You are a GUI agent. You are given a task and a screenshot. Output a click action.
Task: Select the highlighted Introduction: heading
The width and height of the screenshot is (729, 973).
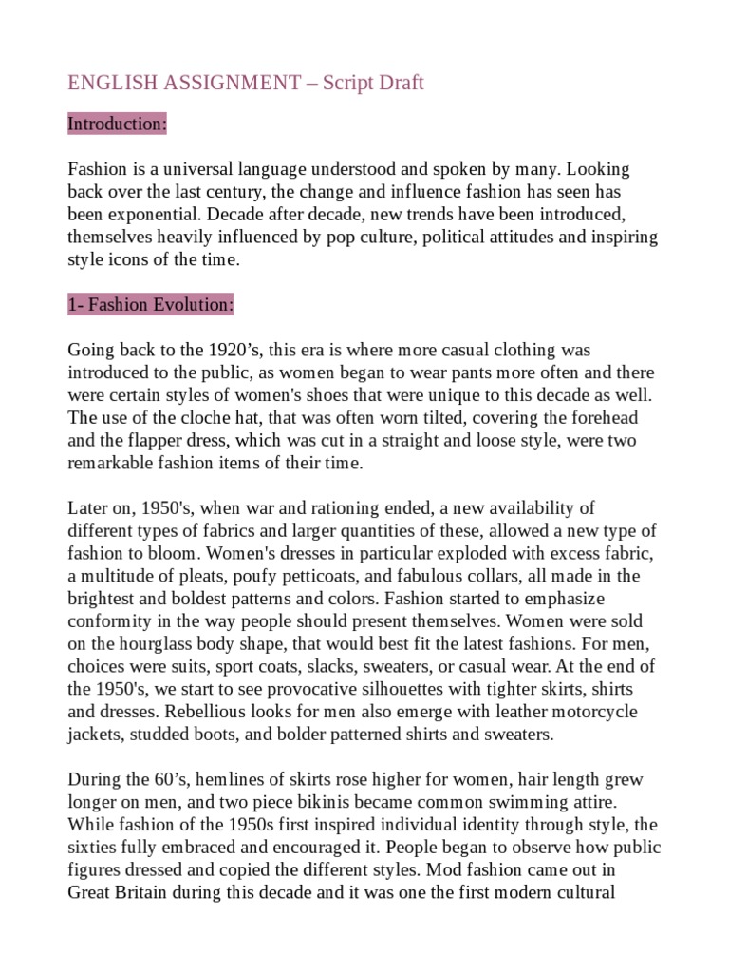[x=117, y=124]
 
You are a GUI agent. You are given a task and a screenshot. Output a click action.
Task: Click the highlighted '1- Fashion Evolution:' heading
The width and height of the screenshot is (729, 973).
[x=150, y=305]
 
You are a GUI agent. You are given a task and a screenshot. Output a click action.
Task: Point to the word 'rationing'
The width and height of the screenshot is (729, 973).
[x=361, y=508]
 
